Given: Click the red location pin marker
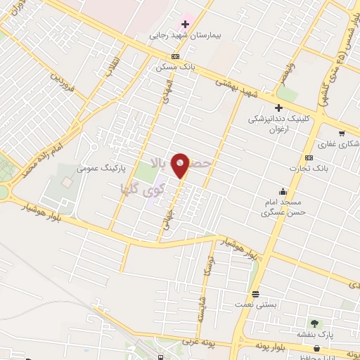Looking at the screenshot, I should tap(181, 165).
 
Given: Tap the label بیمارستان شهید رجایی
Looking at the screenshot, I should tap(179, 34).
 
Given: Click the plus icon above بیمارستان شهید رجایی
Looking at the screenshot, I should tap(185, 24).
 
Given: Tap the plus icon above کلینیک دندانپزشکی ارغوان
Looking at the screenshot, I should tap(278, 108).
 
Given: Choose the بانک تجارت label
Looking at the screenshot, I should tap(309, 168).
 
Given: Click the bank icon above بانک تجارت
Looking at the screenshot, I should tap(309, 157).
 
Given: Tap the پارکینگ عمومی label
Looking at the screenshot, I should tap(96, 169).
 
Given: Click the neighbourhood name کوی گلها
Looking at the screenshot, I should tap(143, 188).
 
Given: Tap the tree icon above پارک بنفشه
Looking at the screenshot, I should tap(314, 323).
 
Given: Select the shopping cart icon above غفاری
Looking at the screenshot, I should tap(342, 134).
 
